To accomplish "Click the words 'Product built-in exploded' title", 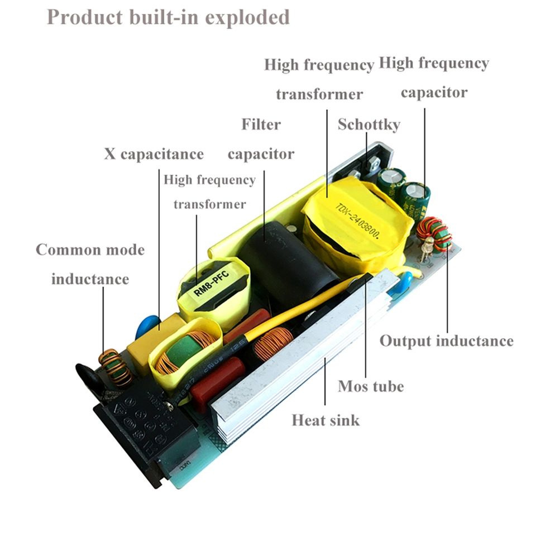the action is tap(168, 17).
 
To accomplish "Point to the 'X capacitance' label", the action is tap(154, 154).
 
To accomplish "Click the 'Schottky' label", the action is tap(368, 124).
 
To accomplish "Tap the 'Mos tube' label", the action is tap(371, 386).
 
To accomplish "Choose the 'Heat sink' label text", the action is tap(326, 419).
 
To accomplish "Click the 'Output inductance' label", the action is tap(446, 341).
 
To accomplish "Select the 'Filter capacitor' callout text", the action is tap(261, 138).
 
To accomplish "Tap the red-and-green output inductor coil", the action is tap(434, 233).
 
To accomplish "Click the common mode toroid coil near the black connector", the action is tap(115, 367).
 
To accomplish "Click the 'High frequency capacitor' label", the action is tap(434, 77).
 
